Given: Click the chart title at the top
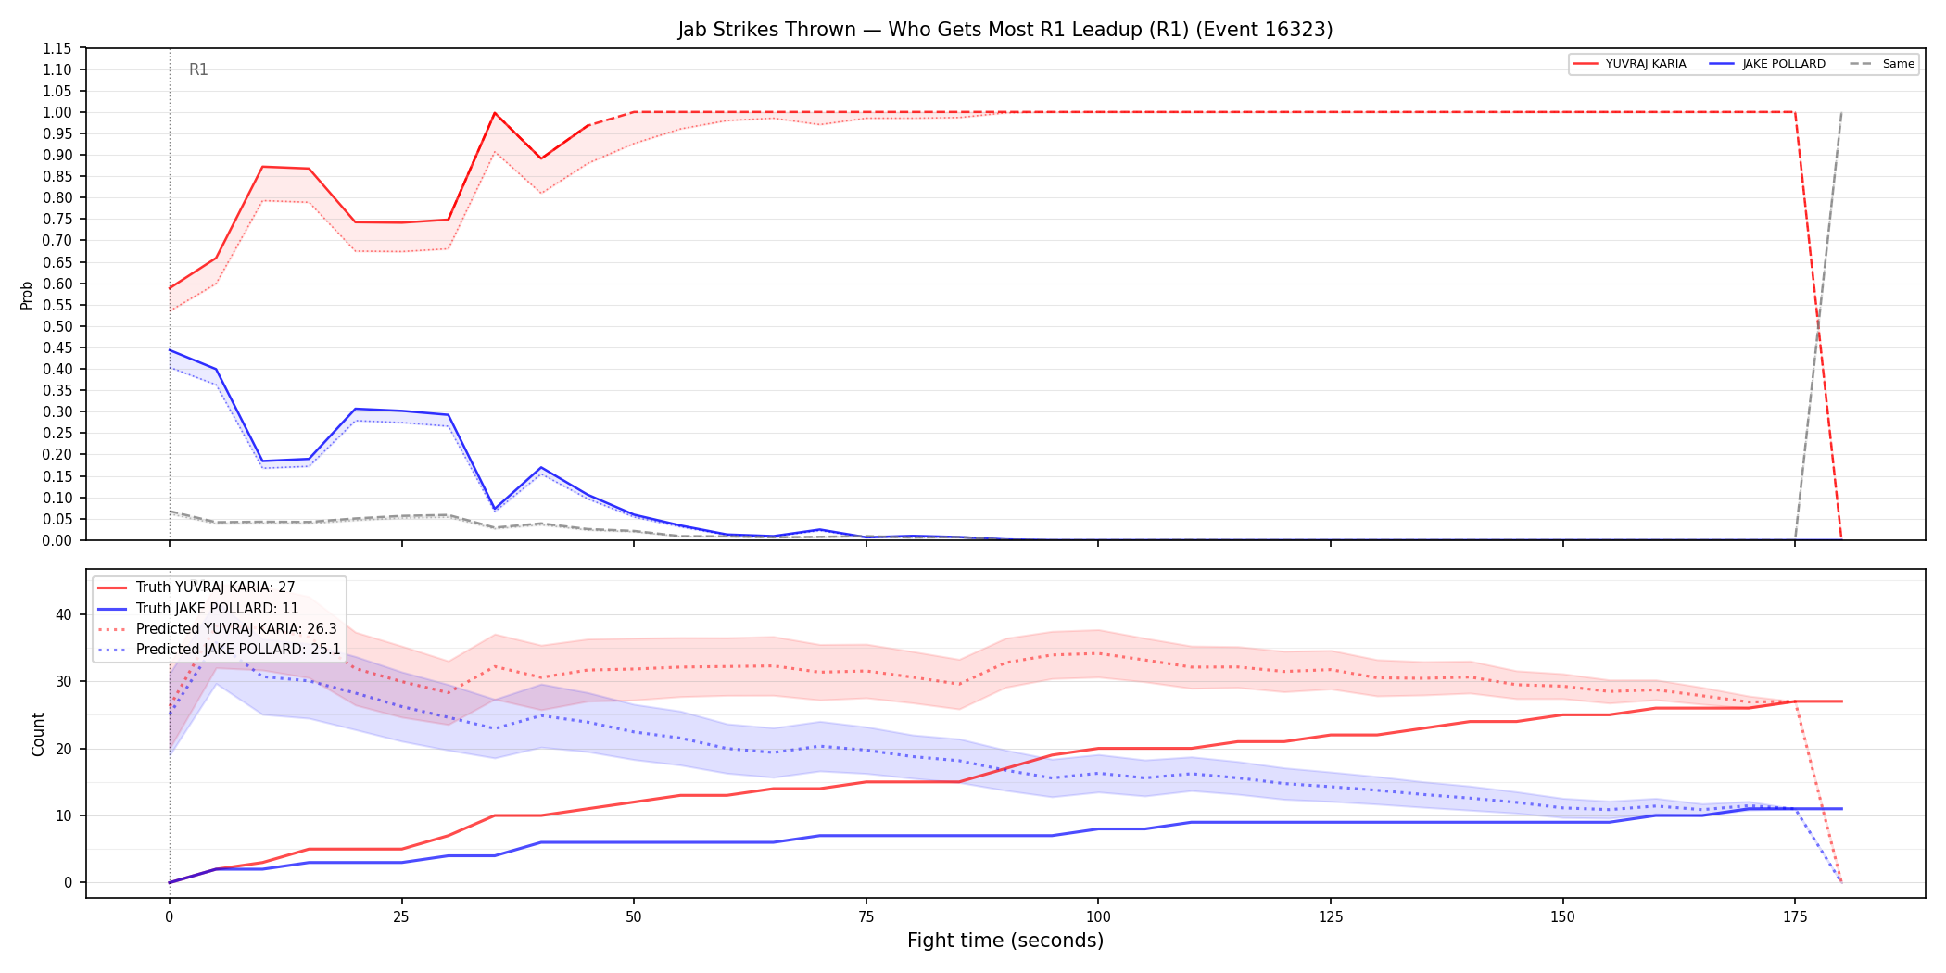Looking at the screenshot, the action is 1005,30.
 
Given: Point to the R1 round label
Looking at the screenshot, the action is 198,69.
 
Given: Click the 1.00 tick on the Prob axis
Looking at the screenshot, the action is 57,112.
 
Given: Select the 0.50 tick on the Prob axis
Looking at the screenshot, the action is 57,326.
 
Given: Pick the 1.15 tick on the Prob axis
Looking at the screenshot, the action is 57,48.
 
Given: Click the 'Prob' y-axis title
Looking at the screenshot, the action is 27,295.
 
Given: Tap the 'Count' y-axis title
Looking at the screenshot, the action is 38,734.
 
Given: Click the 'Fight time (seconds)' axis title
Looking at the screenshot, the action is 1005,941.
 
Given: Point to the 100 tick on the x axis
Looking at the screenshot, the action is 1098,917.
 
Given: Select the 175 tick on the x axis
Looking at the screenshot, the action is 1795,917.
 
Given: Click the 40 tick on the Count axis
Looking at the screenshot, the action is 64,614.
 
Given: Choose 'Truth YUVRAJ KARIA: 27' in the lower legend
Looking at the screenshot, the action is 216,588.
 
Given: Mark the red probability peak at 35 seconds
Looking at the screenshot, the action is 495,113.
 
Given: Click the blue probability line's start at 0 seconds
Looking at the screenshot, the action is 170,350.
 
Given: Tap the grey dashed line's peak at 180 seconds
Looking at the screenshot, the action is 1841,112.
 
